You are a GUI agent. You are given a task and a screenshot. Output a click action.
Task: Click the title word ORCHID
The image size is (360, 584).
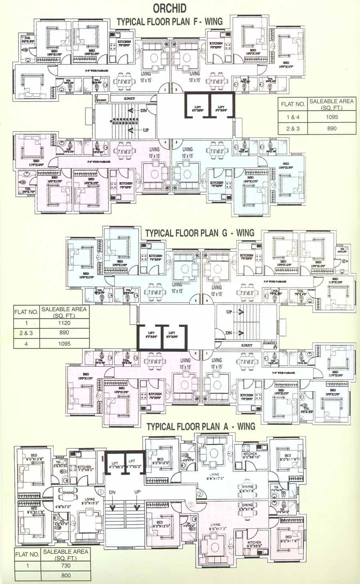tap(170, 8)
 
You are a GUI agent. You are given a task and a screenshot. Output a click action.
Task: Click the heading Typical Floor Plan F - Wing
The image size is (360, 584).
tap(170, 22)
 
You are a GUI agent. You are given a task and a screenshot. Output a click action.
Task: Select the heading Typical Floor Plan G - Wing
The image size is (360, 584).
tap(200, 233)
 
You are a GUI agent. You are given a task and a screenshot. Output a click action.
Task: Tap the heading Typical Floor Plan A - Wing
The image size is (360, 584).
tap(201, 426)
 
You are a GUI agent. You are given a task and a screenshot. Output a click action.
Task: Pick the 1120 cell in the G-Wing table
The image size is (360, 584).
tap(64, 323)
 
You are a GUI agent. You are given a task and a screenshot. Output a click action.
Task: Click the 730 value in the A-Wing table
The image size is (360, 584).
tap(66, 565)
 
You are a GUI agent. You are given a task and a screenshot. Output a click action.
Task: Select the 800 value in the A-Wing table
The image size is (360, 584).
tap(66, 575)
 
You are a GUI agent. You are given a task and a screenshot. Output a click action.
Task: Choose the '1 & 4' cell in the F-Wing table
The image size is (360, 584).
tap(293, 117)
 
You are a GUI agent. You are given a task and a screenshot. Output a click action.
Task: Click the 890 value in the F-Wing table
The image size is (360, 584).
tap(332, 128)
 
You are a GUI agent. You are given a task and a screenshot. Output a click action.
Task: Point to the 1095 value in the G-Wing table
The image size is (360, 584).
tap(64, 343)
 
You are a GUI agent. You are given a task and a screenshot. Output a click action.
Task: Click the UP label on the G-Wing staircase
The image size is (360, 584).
tap(229, 312)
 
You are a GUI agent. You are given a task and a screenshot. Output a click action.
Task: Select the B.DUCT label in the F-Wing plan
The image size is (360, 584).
tap(129, 98)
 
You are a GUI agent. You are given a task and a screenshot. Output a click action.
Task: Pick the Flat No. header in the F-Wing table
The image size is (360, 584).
tap(293, 104)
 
